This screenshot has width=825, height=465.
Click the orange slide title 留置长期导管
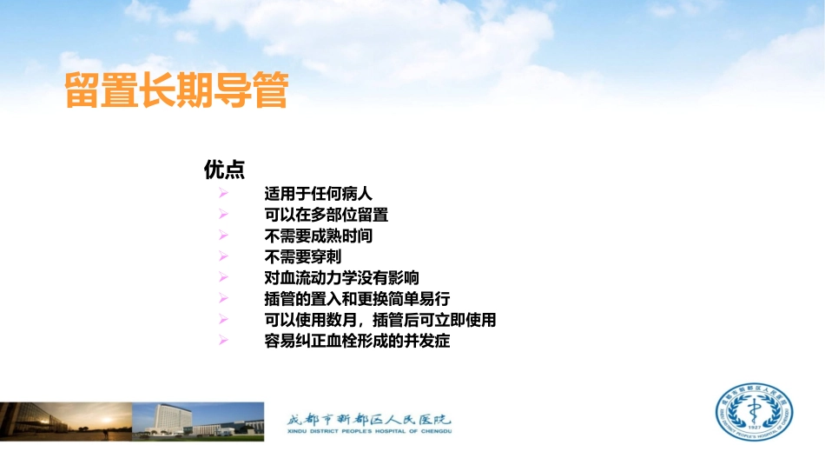(176, 92)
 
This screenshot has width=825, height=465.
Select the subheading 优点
(223, 169)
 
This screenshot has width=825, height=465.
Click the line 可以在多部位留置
(326, 214)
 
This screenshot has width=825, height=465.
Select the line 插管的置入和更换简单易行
(357, 299)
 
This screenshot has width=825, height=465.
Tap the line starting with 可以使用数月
(380, 321)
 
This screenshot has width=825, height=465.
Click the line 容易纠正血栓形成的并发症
(357, 342)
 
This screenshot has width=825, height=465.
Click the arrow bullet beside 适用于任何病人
(223, 193)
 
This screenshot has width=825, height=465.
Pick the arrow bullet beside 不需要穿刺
(223, 256)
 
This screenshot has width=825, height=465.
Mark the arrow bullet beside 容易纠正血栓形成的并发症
(223, 342)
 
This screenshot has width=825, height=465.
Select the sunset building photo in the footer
(65, 421)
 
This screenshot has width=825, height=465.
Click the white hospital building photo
(198, 421)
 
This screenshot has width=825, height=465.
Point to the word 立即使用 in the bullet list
(468, 321)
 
